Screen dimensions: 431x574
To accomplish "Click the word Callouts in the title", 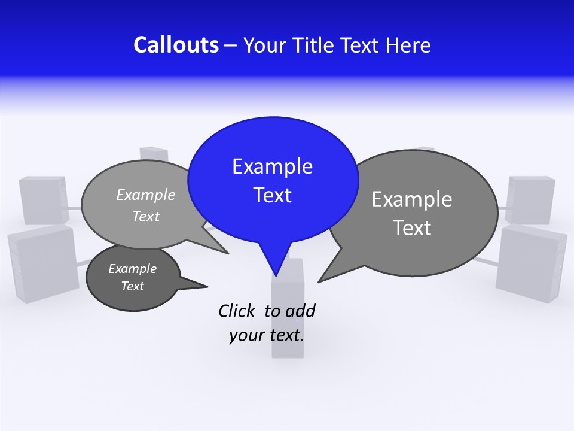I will click(176, 45).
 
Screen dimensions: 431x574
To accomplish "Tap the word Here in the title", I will click(408, 45).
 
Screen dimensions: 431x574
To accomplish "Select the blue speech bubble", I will click(273, 180).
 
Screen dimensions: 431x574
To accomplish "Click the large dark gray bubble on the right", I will click(419, 213).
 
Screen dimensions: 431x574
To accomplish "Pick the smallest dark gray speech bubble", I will click(133, 277).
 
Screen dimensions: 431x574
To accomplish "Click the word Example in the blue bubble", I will click(272, 166).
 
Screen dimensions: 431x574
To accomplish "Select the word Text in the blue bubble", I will click(272, 195).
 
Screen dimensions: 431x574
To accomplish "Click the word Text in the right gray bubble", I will click(413, 228).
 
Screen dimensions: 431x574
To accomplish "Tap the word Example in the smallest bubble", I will click(133, 269).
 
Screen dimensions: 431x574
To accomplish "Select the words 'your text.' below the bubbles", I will click(267, 335).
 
